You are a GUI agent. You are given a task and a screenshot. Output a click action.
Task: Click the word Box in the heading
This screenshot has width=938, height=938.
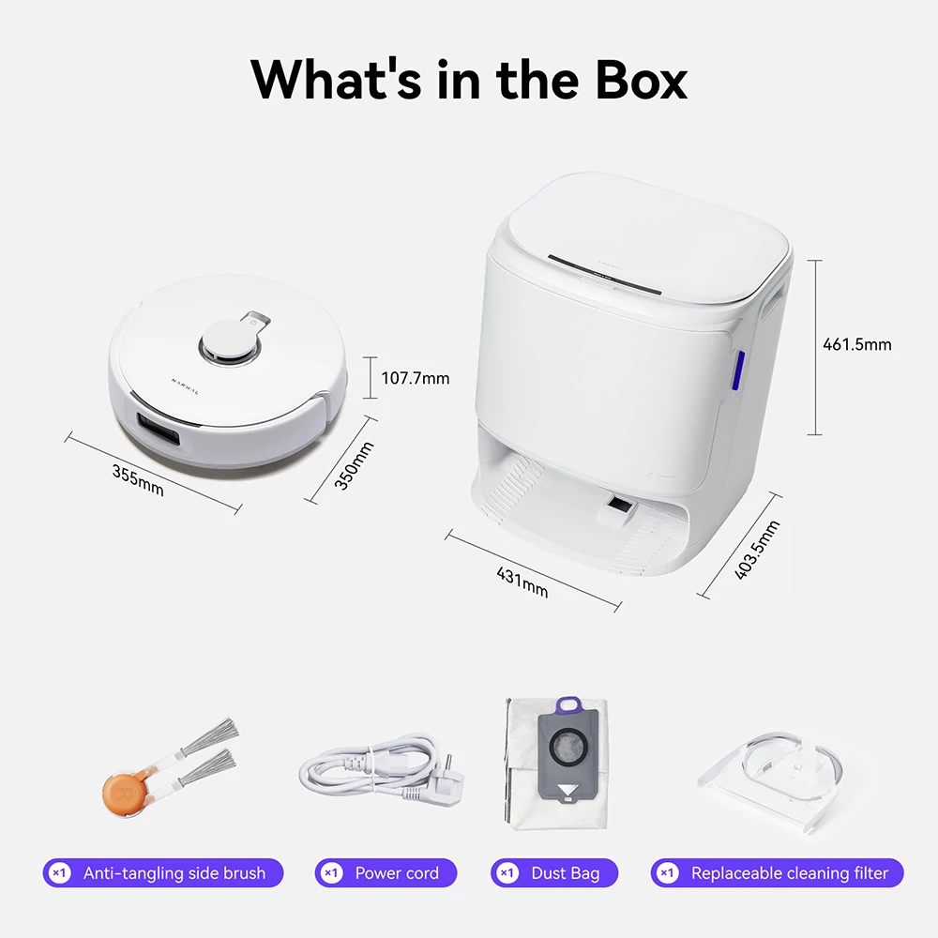pos(641,80)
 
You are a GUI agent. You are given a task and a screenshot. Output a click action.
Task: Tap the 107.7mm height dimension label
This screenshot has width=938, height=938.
pos(416,378)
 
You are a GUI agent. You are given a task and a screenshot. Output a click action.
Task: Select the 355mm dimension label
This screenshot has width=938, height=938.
pos(138,480)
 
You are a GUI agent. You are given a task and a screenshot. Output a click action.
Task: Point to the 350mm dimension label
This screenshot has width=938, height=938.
pos(354,466)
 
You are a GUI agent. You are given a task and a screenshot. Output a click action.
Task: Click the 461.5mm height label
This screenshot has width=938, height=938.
pos(856,344)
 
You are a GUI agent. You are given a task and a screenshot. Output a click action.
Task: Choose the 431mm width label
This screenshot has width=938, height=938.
pos(522,582)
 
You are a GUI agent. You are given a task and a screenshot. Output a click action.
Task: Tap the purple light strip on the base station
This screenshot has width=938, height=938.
pos(739,371)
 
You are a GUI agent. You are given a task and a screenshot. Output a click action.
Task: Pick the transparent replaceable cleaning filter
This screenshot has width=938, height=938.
pos(772,779)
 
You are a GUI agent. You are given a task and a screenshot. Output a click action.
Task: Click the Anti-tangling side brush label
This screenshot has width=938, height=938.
pos(174,873)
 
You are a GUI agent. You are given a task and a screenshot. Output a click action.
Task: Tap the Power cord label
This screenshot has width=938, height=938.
pos(397,873)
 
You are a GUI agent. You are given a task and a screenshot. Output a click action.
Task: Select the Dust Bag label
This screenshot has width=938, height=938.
pos(566,873)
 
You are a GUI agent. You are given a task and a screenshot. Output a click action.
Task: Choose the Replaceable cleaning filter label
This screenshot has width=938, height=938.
pos(790,873)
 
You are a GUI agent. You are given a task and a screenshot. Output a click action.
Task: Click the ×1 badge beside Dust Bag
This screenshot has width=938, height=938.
pos(507,873)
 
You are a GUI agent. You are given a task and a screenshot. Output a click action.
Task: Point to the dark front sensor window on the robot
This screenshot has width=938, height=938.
pos(159,429)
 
